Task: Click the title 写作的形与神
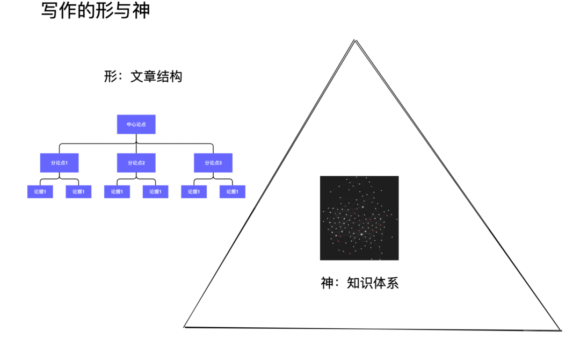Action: point(96,10)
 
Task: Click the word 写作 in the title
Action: point(59,10)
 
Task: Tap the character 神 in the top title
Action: point(141,10)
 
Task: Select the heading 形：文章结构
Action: point(143,76)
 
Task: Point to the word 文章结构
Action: point(156,76)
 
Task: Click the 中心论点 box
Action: point(136,124)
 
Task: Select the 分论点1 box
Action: point(59,163)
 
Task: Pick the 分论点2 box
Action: point(136,163)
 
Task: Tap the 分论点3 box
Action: point(213,163)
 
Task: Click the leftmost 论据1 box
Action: point(40,192)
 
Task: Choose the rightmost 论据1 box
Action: point(233,192)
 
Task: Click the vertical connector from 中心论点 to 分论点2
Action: point(136,143)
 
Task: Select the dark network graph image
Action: point(359,218)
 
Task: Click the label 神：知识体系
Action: point(359,283)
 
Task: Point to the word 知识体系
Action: point(373,283)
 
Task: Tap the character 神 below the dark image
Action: point(327,283)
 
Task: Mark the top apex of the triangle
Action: point(355,40)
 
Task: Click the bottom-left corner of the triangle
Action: point(184,327)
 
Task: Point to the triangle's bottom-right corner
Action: point(561,330)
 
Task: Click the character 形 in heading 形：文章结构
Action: point(111,76)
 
